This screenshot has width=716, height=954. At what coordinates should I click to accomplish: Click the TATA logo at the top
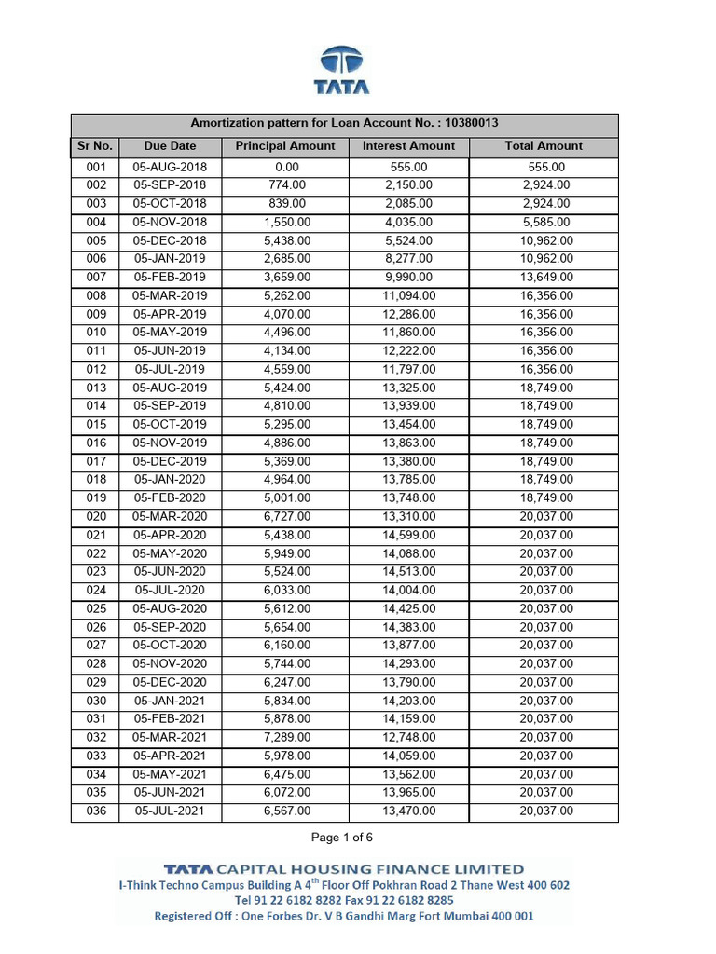pos(344,71)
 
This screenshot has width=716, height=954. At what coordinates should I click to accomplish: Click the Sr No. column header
pos(94,146)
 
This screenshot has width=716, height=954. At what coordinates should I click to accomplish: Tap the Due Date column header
pos(170,146)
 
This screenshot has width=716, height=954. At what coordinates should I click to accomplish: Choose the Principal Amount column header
pos(284,146)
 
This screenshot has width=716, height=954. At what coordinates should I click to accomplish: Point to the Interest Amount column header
pos(408,146)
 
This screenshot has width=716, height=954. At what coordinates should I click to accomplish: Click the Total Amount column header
pos(544,146)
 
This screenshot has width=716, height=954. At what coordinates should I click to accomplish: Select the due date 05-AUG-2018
pos(170,168)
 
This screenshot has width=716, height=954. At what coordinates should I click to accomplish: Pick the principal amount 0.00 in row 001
pos(284,168)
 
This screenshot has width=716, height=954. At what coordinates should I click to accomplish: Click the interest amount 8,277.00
pos(408,259)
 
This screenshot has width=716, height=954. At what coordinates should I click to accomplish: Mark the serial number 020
pos(95,517)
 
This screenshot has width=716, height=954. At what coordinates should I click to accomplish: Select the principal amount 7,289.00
pos(286,738)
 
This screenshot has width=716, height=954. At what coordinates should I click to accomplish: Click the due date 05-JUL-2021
pos(170,811)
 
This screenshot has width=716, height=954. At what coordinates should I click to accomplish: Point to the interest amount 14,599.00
pos(409,536)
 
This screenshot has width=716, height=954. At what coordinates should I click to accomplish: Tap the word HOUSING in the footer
pos(361,869)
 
